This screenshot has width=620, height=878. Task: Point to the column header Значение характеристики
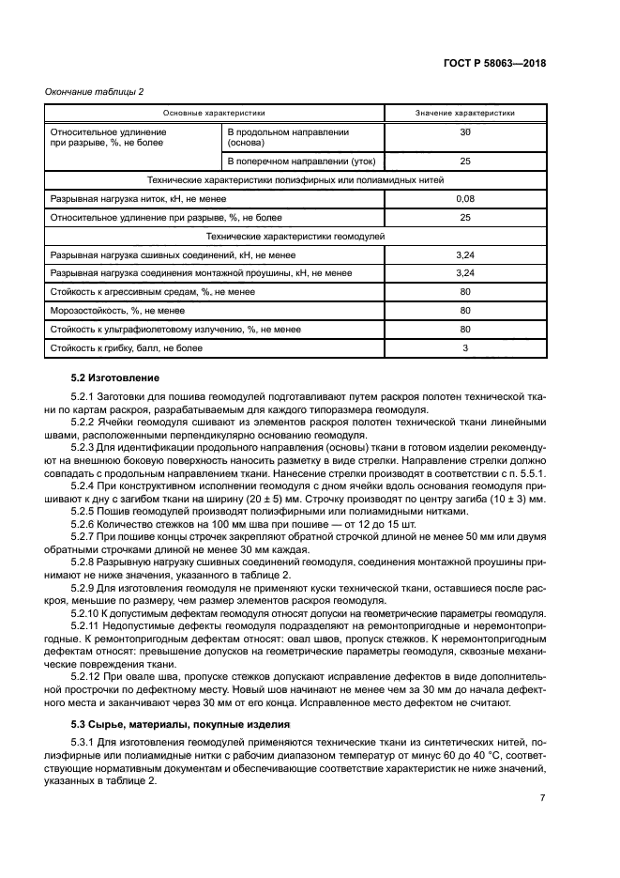point(464,113)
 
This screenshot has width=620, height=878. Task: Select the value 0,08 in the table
point(464,198)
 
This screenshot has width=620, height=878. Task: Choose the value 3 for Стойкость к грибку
point(464,347)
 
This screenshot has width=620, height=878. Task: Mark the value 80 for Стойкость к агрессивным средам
point(464,291)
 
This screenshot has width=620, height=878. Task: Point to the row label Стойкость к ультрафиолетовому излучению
point(174,329)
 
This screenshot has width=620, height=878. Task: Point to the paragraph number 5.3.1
point(84,744)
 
